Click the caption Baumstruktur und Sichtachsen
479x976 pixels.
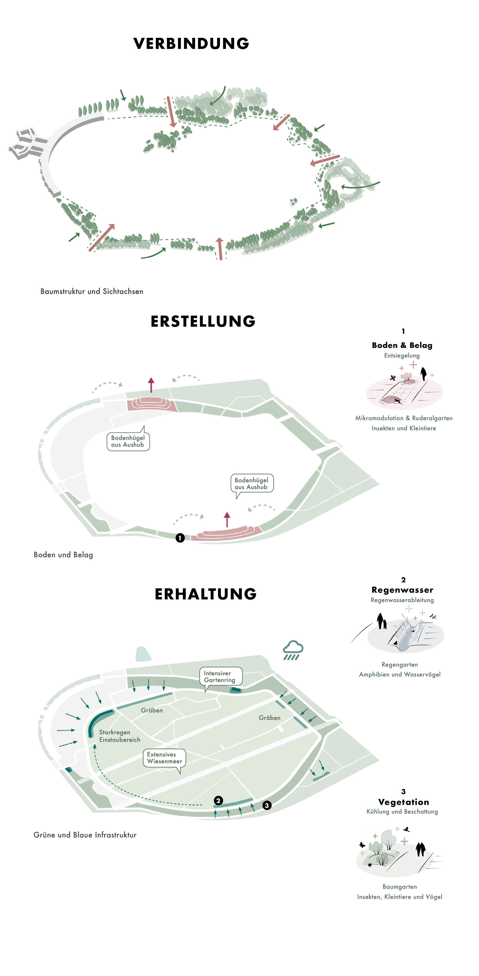[92, 291]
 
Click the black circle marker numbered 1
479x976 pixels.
[180, 538]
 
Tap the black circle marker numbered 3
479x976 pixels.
[267, 805]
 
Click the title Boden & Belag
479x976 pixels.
[402, 345]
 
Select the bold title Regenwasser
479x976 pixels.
[402, 590]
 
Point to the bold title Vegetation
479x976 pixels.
[404, 802]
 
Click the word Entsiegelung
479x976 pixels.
[402, 355]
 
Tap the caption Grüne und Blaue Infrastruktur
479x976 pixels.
[85, 835]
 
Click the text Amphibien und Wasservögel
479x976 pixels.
[400, 674]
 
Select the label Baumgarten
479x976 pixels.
[400, 887]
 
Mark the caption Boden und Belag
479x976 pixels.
[63, 555]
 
